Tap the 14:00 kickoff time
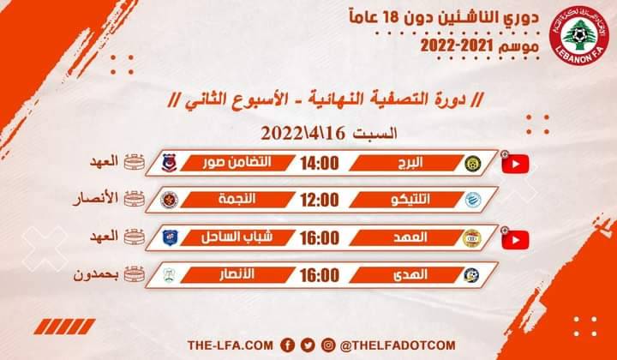[x=318, y=162]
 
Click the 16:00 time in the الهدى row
[x=318, y=275]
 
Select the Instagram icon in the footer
[x=330, y=344]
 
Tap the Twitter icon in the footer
[x=308, y=344]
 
